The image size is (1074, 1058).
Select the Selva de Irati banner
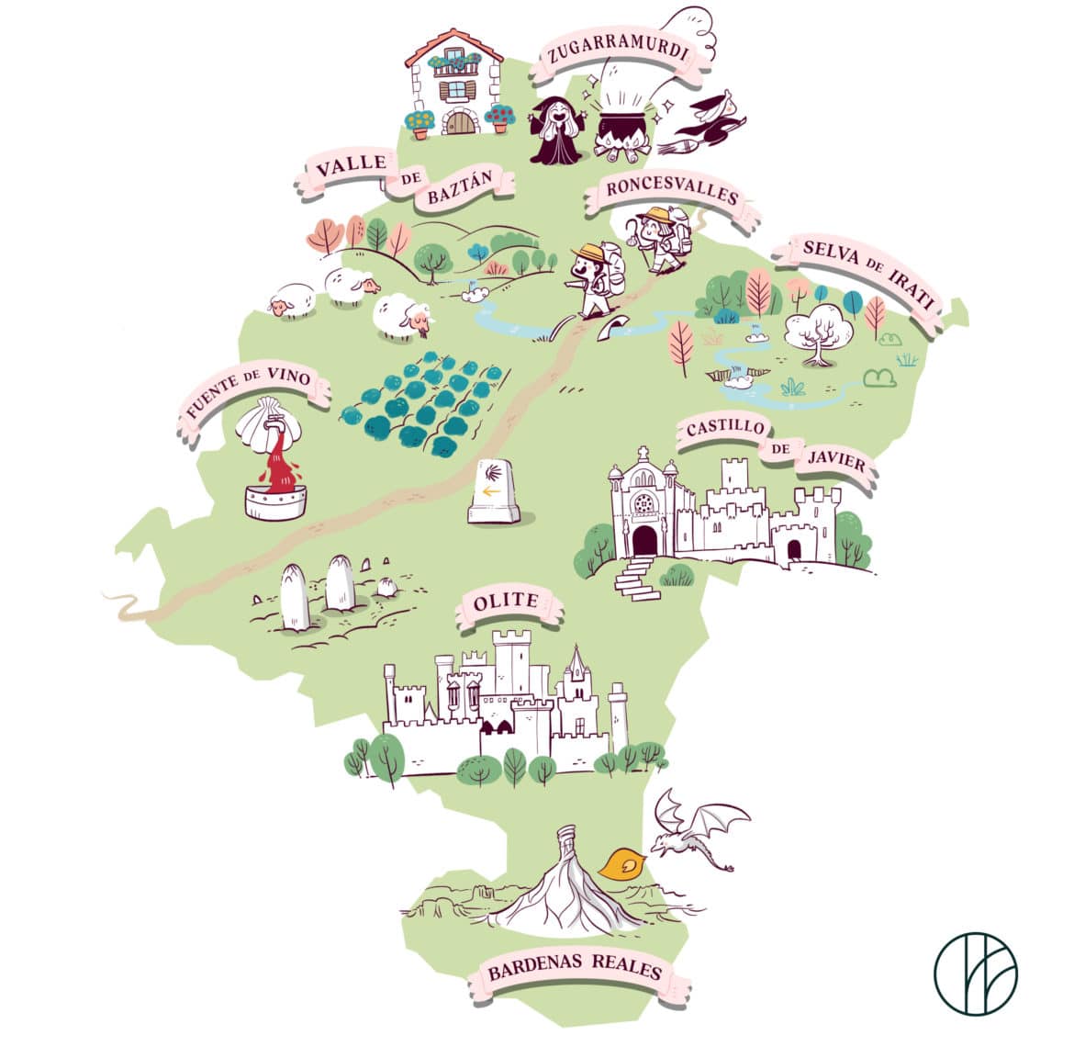[x=867, y=274]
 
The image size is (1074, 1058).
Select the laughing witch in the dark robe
[x=556, y=132]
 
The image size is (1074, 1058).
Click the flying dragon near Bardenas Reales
[x=698, y=831]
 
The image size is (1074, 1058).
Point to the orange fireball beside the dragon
[x=621, y=862]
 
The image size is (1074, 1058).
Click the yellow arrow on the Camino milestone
[x=493, y=491]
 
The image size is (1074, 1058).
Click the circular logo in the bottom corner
[x=975, y=972]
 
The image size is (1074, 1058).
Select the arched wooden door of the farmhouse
[x=459, y=122]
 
